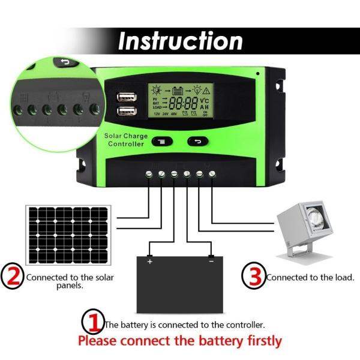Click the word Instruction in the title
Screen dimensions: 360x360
pyautogui.click(x=180, y=41)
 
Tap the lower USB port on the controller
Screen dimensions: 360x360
pyautogui.click(x=127, y=110)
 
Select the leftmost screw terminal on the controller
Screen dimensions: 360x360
pyautogui.click(x=149, y=173)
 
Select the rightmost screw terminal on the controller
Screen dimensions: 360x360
pyautogui.click(x=212, y=173)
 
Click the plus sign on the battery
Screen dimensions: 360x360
pyautogui.click(x=149, y=262)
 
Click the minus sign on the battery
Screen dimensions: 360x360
pyautogui.click(x=211, y=262)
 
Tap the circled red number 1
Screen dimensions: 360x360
pyautogui.click(x=93, y=322)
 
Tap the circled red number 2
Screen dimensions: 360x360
pyautogui.click(x=13, y=277)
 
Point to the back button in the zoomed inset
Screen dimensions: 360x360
pyautogui.click(x=62, y=62)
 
